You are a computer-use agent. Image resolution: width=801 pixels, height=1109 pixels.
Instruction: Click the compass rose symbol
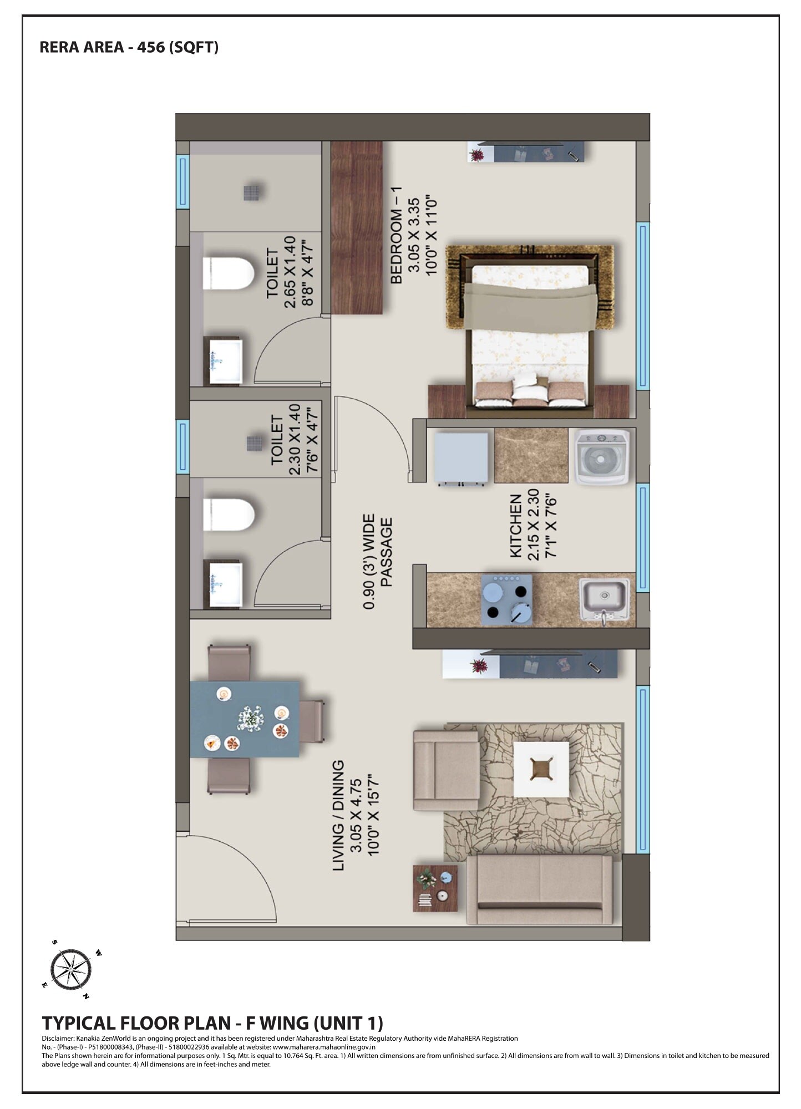click(x=71, y=970)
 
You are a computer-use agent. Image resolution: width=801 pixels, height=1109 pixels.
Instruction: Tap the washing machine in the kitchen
click(x=602, y=458)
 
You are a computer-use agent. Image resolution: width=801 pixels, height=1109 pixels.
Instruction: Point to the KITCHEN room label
click(x=515, y=526)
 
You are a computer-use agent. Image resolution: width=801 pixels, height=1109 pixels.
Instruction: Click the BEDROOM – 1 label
click(x=396, y=235)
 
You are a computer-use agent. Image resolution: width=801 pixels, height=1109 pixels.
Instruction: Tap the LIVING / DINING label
click(x=338, y=815)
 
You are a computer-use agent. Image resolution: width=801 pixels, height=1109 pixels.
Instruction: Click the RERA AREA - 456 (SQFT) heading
click(x=129, y=48)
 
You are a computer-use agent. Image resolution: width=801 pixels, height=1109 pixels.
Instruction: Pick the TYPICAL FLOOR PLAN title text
click(x=212, y=1023)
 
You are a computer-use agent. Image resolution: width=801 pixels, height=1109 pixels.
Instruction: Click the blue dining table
click(x=245, y=719)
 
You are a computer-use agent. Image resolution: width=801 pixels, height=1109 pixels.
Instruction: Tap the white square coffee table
click(x=541, y=769)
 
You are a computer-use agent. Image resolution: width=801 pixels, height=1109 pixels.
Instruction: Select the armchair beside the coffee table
click(x=445, y=770)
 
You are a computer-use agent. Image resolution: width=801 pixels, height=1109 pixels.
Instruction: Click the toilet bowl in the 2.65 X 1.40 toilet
click(x=227, y=273)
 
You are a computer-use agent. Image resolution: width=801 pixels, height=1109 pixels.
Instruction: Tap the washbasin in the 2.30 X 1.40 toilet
click(x=225, y=584)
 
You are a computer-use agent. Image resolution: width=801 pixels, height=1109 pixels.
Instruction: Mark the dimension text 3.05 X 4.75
click(x=356, y=815)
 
